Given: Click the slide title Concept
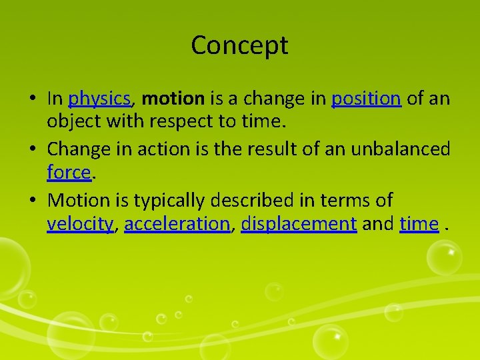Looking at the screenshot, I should point(239,45).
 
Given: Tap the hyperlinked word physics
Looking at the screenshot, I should point(99,99).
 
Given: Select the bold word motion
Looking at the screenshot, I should point(173,99).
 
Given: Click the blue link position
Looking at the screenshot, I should point(366,99).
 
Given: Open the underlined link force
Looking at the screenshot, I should point(68,173).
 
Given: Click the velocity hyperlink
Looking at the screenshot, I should point(80,224).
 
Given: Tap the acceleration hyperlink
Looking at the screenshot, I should point(177,224).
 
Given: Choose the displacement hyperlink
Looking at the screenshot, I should point(299,224).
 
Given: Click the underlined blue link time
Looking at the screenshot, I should point(419,224).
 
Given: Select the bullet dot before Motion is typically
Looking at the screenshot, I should point(32,200).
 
